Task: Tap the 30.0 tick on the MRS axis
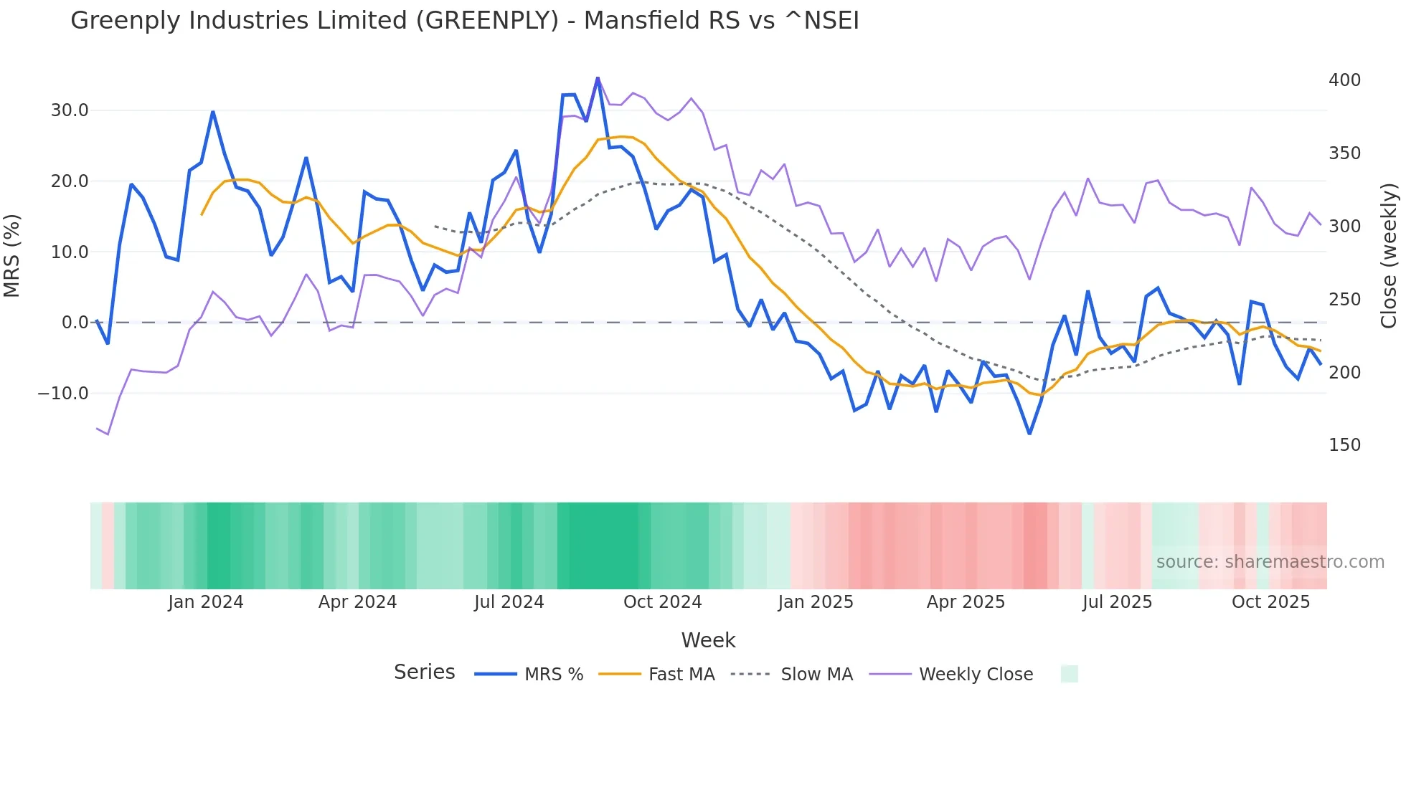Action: pyautogui.click(x=70, y=110)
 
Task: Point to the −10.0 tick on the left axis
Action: pyautogui.click(x=63, y=394)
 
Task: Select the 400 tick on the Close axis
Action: pyautogui.click(x=1344, y=80)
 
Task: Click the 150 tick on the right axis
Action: pyautogui.click(x=1344, y=445)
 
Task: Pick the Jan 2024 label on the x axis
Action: pyautogui.click(x=206, y=602)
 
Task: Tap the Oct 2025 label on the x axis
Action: pyautogui.click(x=1270, y=602)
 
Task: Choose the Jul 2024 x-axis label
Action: pyautogui.click(x=509, y=602)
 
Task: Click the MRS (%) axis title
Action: pyautogui.click(x=12, y=256)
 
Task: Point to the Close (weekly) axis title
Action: pyautogui.click(x=1389, y=256)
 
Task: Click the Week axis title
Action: pyautogui.click(x=708, y=640)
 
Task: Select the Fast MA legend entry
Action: pyautogui.click(x=681, y=675)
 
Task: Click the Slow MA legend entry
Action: pyautogui.click(x=816, y=675)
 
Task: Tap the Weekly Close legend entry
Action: pyautogui.click(x=976, y=675)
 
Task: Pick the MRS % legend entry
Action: pyautogui.click(x=553, y=675)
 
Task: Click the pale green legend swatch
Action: pyautogui.click(x=1069, y=674)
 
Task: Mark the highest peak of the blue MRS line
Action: pyautogui.click(x=598, y=78)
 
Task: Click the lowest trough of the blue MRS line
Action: pyautogui.click(x=1029, y=434)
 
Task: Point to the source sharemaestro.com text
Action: pyautogui.click(x=1270, y=562)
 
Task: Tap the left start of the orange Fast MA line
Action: pyautogui.click(x=202, y=214)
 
